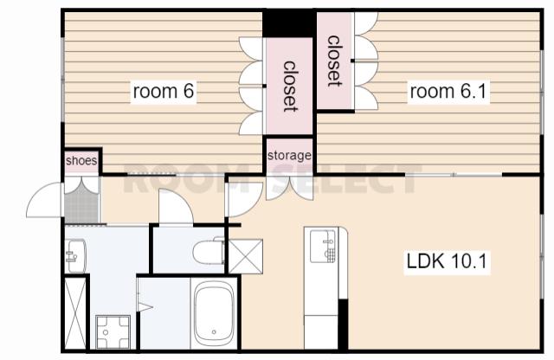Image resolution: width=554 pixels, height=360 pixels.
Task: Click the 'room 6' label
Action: pos(164,91)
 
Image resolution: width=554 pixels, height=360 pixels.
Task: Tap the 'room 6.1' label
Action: pos(448,91)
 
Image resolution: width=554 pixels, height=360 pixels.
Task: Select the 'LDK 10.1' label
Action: pos(447,261)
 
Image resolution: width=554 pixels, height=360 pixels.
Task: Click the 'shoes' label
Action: pos(81,161)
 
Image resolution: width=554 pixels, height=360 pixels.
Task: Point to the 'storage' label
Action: pos(289,156)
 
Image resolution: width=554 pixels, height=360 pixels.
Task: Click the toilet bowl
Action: pos(209,252)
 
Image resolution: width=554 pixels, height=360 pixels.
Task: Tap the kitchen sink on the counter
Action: pos(323,246)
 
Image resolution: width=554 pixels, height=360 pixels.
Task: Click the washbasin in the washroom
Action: pos(75,256)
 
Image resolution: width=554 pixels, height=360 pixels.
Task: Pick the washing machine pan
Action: pos(113,332)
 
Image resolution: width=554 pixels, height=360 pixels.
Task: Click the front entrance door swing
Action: pos(45,200)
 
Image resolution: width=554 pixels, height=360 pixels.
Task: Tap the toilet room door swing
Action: pos(176,207)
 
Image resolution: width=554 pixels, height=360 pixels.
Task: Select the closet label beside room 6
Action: pos(290,87)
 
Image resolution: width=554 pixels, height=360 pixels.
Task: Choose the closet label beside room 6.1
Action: pos(334,61)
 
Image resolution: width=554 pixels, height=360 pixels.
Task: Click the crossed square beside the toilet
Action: pos(246,256)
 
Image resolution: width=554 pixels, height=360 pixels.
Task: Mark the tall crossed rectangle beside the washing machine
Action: pos(75,314)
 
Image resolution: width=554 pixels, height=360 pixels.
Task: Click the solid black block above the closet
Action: pos(289,23)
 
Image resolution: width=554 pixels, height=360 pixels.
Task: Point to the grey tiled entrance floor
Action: pos(81,203)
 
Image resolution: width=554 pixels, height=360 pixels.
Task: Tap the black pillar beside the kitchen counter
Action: pos(343,325)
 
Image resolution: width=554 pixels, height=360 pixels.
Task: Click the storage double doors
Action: pos(289,188)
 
